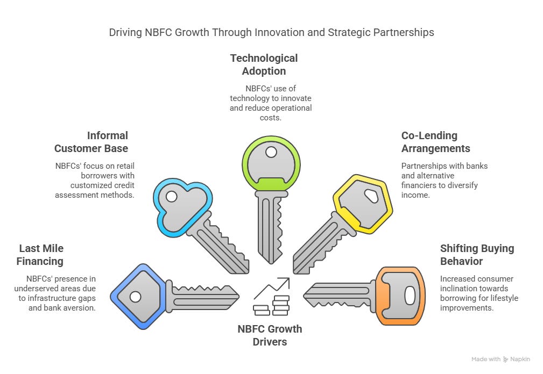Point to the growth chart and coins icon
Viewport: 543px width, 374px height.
click(272, 299)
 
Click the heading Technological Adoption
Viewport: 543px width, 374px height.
click(264, 64)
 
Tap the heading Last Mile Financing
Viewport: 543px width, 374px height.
click(41, 255)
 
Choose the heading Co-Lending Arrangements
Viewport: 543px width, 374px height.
click(435, 142)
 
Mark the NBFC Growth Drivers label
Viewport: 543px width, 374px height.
click(270, 335)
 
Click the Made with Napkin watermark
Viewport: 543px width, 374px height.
click(501, 359)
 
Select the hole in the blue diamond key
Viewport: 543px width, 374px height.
click(135, 297)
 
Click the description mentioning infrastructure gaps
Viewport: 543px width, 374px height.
click(60, 293)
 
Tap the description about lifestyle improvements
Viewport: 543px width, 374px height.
click(479, 293)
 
